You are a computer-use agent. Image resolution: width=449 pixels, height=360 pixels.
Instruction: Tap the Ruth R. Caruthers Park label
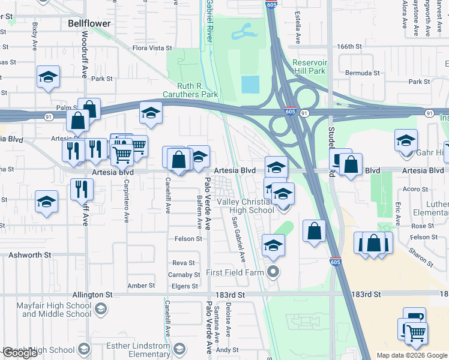(190, 90)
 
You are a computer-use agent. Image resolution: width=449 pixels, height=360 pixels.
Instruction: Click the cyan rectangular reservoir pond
(250, 84)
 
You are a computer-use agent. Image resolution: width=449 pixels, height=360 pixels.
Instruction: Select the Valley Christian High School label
(244, 206)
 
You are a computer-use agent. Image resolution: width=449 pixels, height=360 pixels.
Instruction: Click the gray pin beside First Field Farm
(274, 272)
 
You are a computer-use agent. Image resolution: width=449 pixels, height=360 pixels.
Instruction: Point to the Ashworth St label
(29, 255)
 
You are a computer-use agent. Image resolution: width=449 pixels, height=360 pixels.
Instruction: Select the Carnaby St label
(184, 275)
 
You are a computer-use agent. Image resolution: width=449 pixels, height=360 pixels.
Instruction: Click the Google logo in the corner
(20, 353)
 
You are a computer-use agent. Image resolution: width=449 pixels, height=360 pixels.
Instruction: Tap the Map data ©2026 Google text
(411, 355)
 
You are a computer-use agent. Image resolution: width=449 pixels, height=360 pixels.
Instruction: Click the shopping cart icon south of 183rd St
(416, 333)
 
